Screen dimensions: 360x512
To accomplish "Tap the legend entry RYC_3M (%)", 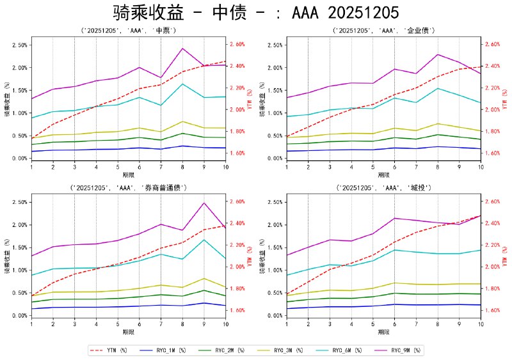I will point(287,350).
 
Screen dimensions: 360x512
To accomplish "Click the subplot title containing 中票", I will point(128,30).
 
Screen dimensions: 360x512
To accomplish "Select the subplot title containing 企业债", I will point(383,30).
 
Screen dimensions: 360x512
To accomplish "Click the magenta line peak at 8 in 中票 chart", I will point(182,49).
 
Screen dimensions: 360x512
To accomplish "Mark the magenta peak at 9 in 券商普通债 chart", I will point(204,203).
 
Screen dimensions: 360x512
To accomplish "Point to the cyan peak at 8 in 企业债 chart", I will point(438,88).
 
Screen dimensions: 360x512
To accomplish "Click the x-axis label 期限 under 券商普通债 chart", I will point(128,332).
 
